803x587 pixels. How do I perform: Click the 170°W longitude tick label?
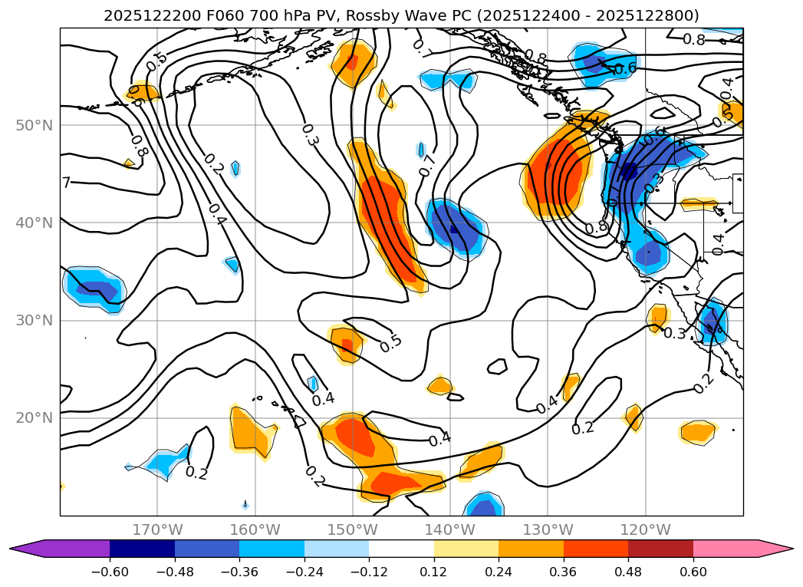point(157,529)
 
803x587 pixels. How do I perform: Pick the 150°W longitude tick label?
point(354,529)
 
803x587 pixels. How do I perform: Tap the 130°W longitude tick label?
point(548,529)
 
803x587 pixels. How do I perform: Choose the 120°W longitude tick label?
point(646,529)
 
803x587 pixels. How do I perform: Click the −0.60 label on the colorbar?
point(110,572)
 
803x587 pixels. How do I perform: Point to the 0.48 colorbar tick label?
point(628,572)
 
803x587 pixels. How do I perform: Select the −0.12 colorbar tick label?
point(369,572)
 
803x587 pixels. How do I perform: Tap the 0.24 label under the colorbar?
point(499,572)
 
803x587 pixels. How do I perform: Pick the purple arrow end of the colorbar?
point(27,548)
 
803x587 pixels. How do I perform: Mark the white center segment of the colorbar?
point(401,548)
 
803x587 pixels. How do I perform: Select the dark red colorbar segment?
point(660,548)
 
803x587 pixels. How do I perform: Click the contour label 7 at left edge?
point(66,183)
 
